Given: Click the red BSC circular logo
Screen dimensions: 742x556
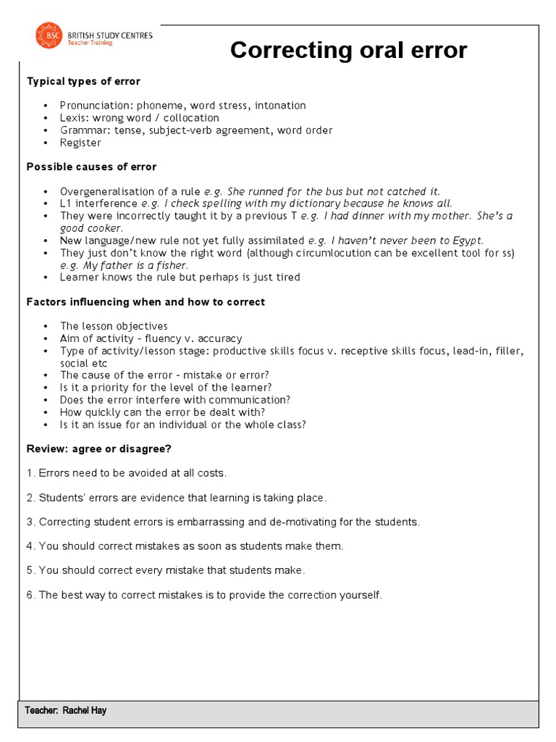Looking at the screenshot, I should click(x=49, y=37).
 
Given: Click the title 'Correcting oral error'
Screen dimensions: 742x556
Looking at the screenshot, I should click(x=348, y=51).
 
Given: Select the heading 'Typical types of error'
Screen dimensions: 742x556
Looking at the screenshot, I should click(x=83, y=81).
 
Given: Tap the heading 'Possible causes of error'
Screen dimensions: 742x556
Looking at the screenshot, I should click(x=91, y=167).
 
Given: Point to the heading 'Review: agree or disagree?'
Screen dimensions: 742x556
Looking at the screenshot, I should click(x=98, y=449).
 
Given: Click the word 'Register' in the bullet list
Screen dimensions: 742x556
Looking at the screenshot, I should click(x=80, y=143).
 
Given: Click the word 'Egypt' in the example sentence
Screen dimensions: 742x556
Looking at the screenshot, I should click(x=467, y=241).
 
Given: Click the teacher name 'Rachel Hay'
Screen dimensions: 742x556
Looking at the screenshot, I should click(x=84, y=710).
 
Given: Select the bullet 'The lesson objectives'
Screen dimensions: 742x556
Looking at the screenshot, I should click(x=114, y=326).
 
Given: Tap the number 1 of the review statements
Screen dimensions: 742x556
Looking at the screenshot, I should click(x=30, y=473).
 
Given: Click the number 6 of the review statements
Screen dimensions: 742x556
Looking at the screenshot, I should click(x=30, y=595).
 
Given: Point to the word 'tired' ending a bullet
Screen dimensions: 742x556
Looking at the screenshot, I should click(x=286, y=278).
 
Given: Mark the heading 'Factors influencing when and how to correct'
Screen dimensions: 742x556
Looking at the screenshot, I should click(x=146, y=301).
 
